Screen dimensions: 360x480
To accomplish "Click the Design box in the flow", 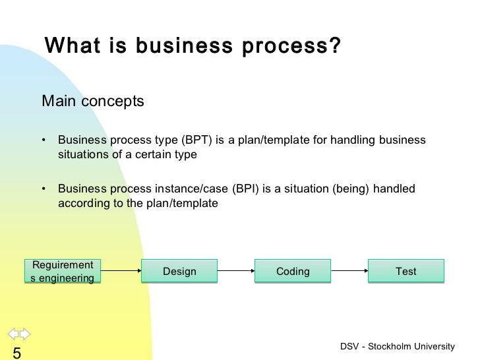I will pyautogui.click(x=179, y=271).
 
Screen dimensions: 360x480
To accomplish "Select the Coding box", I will pyautogui.click(x=293, y=271).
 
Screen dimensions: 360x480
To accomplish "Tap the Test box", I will pyautogui.click(x=406, y=271).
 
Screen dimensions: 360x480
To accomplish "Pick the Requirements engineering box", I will pyautogui.click(x=63, y=271).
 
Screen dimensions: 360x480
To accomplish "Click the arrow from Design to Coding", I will pyautogui.click(x=236, y=271).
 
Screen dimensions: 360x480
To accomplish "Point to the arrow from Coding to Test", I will pyautogui.click(x=349, y=271).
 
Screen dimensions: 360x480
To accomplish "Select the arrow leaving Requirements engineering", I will pyautogui.click(x=122, y=271).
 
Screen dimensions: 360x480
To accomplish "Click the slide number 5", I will pyautogui.click(x=16, y=353).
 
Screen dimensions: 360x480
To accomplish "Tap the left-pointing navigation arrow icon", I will pyautogui.click(x=13, y=333).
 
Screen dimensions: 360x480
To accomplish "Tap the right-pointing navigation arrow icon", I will pyautogui.click(x=24, y=333).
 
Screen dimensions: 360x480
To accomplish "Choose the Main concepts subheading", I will pyautogui.click(x=93, y=102).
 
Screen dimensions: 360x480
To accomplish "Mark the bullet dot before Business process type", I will pyautogui.click(x=44, y=140).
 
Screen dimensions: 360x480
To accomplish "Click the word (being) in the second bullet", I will pyautogui.click(x=349, y=189).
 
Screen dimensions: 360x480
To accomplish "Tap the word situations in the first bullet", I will pyautogui.click(x=84, y=155).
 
